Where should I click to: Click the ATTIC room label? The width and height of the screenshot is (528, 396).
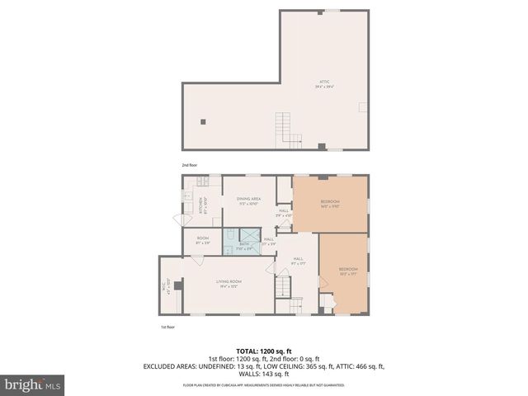tap(324, 82)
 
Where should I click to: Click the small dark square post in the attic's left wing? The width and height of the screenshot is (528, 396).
tap(203, 121)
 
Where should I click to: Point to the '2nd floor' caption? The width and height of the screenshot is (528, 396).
tap(190, 164)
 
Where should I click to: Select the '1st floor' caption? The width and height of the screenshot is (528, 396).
tap(167, 327)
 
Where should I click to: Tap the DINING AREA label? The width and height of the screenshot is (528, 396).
tap(248, 200)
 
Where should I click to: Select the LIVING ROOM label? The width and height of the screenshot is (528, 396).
tap(227, 284)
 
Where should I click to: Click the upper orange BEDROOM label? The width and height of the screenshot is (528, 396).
tap(330, 204)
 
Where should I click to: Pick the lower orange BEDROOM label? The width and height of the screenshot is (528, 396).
tap(347, 271)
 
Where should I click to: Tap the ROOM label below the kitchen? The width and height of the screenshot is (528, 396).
tap(203, 241)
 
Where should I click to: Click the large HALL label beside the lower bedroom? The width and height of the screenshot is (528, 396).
tap(298, 261)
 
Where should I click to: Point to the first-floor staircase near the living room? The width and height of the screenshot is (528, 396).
tap(283, 287)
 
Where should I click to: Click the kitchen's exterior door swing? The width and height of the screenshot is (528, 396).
tap(177, 220)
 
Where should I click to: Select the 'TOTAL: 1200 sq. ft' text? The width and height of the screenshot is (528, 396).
tap(263, 351)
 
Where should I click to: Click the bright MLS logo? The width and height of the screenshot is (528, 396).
tap(33, 384)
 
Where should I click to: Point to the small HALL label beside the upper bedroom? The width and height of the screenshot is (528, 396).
tap(283, 212)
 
